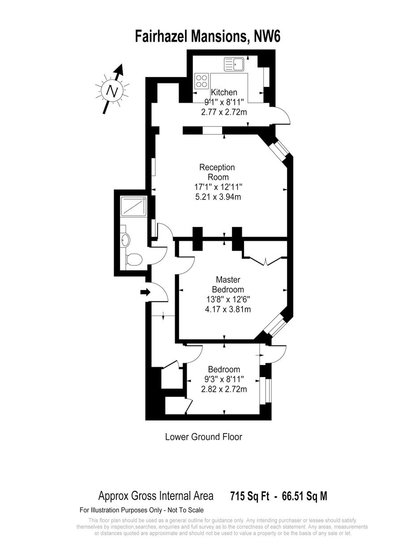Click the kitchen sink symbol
[x=234, y=65]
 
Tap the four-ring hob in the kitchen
[x=201, y=81]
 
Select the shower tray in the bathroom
[x=134, y=207]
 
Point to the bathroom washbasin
[x=125, y=240]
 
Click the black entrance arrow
[x=145, y=292]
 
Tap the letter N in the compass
[x=112, y=91]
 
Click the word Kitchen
[x=224, y=92]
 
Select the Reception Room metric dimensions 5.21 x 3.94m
[x=218, y=197]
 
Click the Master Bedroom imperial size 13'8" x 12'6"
[x=228, y=299]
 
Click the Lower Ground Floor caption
[x=203, y=437]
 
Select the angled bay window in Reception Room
[x=278, y=148]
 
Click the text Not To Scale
[x=186, y=510]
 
